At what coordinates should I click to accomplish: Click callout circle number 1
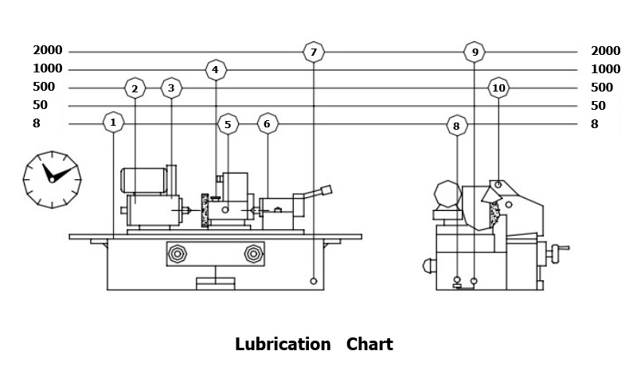pyautogui.click(x=114, y=123)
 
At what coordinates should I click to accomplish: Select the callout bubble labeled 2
pyautogui.click(x=135, y=88)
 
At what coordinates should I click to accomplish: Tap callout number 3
pyautogui.click(x=171, y=88)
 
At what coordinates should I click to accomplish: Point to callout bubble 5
pyautogui.click(x=228, y=124)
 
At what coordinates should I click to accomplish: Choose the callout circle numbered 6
pyautogui.click(x=267, y=124)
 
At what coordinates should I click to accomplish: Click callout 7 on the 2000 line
pyautogui.click(x=314, y=53)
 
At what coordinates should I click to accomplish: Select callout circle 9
pyautogui.click(x=475, y=53)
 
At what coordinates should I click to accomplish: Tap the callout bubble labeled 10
pyautogui.click(x=498, y=88)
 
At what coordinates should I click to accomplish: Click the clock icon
pyautogui.click(x=52, y=178)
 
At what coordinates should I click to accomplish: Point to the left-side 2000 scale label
pyautogui.click(x=48, y=51)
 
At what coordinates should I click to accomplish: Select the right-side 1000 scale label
pyautogui.click(x=605, y=69)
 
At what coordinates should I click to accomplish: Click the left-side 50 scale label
pyautogui.click(x=41, y=105)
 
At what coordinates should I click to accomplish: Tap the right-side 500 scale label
pyautogui.click(x=602, y=88)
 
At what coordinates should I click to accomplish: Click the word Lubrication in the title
pyautogui.click(x=283, y=345)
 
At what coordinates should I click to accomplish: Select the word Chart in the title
pyautogui.click(x=369, y=345)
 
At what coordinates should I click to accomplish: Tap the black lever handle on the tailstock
pyautogui.click(x=325, y=190)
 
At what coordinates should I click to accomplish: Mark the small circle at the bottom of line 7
pyautogui.click(x=314, y=282)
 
